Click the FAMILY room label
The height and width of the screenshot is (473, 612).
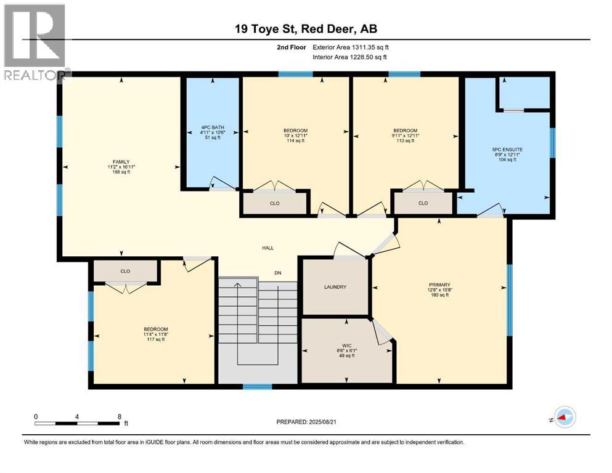point(120,161)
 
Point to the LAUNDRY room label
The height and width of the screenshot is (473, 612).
point(335,287)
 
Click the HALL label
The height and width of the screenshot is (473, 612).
point(267,248)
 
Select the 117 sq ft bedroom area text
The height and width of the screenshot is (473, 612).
point(155,339)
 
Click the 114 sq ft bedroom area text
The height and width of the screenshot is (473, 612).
point(295,141)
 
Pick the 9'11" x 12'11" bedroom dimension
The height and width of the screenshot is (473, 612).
point(406,135)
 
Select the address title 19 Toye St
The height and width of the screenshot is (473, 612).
point(306,29)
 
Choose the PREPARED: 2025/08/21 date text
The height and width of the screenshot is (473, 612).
point(306,422)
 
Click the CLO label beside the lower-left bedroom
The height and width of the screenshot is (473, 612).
point(125,270)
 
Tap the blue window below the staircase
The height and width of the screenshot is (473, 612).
point(257,387)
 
